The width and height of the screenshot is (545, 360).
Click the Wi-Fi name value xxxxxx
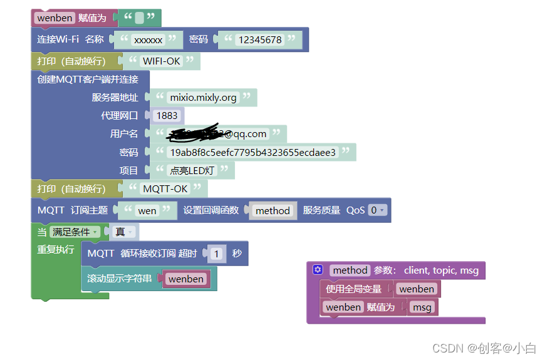point(148,39)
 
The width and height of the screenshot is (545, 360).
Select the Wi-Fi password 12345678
point(259,39)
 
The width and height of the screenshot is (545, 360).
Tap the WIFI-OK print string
point(162,61)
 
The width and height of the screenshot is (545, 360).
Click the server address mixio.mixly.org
point(203,98)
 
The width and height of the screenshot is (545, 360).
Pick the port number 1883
point(167,116)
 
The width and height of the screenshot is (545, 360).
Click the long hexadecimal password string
point(252,152)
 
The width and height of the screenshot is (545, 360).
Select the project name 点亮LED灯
point(192,170)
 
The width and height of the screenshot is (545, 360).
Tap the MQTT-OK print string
point(165,188)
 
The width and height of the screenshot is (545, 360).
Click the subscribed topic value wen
point(147,211)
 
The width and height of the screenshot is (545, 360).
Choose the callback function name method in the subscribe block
point(272,211)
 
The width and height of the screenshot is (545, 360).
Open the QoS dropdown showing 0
point(377,210)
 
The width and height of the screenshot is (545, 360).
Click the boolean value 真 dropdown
point(124,232)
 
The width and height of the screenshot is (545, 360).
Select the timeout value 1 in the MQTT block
point(217,254)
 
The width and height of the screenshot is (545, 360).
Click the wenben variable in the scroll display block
point(185,279)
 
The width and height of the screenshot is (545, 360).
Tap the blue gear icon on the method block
point(318,270)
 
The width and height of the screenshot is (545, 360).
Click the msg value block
point(422,307)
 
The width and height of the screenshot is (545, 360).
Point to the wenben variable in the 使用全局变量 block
point(416,289)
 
